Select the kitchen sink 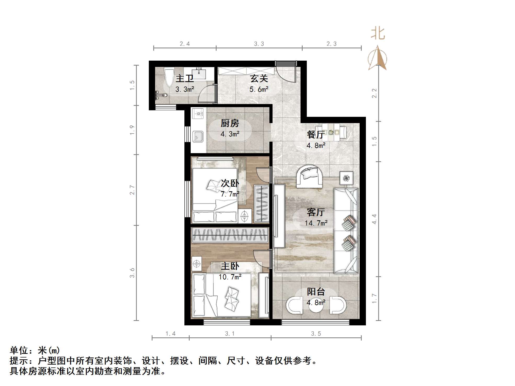click(x=198, y=136)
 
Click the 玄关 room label click(x=259, y=78)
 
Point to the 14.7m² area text click(x=316, y=223)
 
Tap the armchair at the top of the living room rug click(x=309, y=176)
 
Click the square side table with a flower click(x=346, y=178)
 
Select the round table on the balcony click(x=316, y=306)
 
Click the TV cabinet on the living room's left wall click(x=279, y=216)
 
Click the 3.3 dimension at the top click(x=259, y=44)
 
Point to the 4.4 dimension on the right click(x=374, y=219)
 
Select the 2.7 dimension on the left click(x=132, y=190)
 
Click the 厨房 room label click(x=230, y=123)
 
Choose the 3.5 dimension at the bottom click(x=316, y=333)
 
